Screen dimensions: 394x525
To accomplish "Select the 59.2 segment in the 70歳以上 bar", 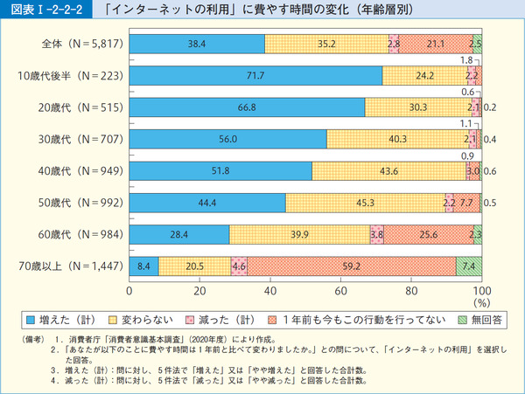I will [352, 266].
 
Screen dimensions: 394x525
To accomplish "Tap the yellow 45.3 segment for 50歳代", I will [365, 204].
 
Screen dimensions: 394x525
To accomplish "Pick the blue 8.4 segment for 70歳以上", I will [143, 266].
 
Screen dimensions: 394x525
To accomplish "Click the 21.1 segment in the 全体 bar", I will [434, 43].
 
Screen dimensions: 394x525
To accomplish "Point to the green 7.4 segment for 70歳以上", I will [469, 266].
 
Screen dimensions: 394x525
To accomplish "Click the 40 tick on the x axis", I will [270, 291].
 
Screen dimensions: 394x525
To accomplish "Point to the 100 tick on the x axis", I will [480, 291].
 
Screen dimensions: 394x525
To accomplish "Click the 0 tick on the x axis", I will [129, 291].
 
